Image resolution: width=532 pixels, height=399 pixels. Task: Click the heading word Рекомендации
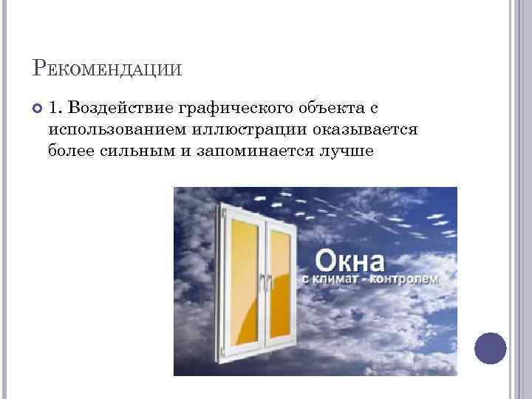click(108, 70)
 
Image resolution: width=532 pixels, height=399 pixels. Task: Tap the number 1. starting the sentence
click(57, 109)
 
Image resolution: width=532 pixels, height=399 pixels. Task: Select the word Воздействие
click(120, 109)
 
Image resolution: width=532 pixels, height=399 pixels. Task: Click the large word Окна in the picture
click(349, 262)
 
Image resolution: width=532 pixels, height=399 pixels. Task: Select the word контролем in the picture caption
click(406, 281)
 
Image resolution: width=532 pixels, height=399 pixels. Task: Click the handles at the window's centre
click(265, 283)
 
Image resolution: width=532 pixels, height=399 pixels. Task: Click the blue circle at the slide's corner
click(489, 347)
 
